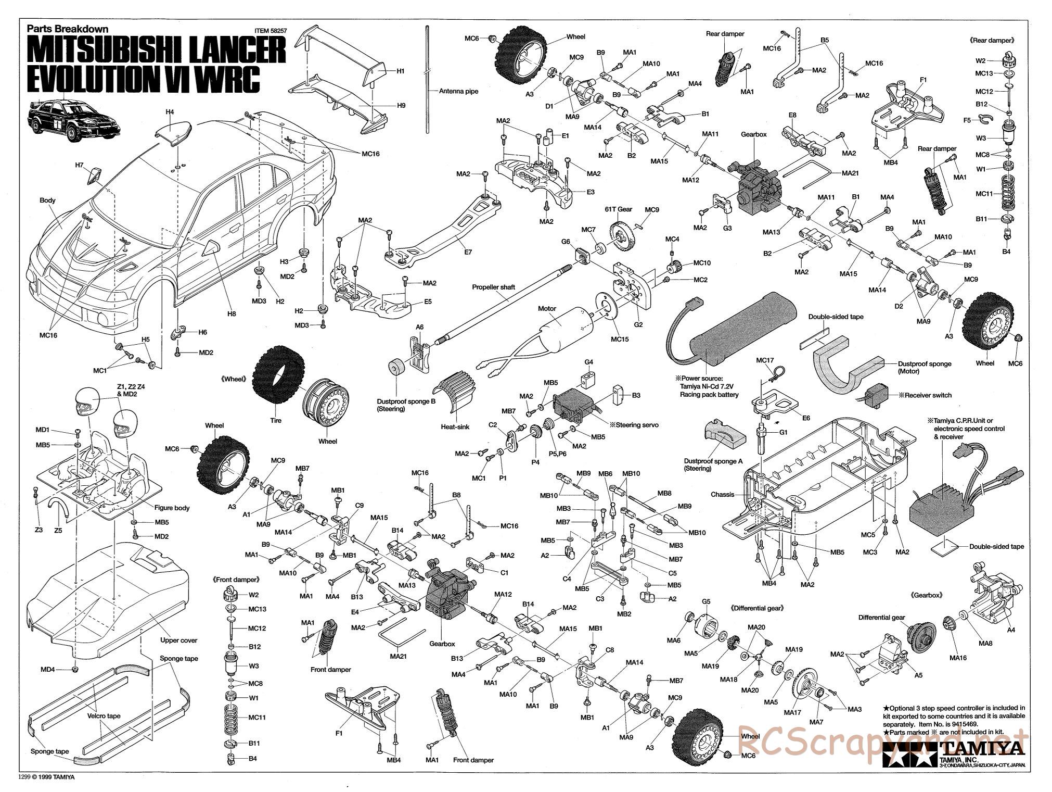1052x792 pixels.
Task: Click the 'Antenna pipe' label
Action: coord(458,91)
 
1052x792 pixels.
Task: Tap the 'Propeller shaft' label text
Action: coord(493,287)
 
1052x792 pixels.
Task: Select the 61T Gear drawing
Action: coord(619,237)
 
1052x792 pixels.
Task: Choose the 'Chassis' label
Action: coord(722,494)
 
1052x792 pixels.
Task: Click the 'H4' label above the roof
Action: coord(170,111)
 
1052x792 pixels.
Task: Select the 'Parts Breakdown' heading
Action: coord(68,30)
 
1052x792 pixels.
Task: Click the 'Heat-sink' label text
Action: coord(456,426)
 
